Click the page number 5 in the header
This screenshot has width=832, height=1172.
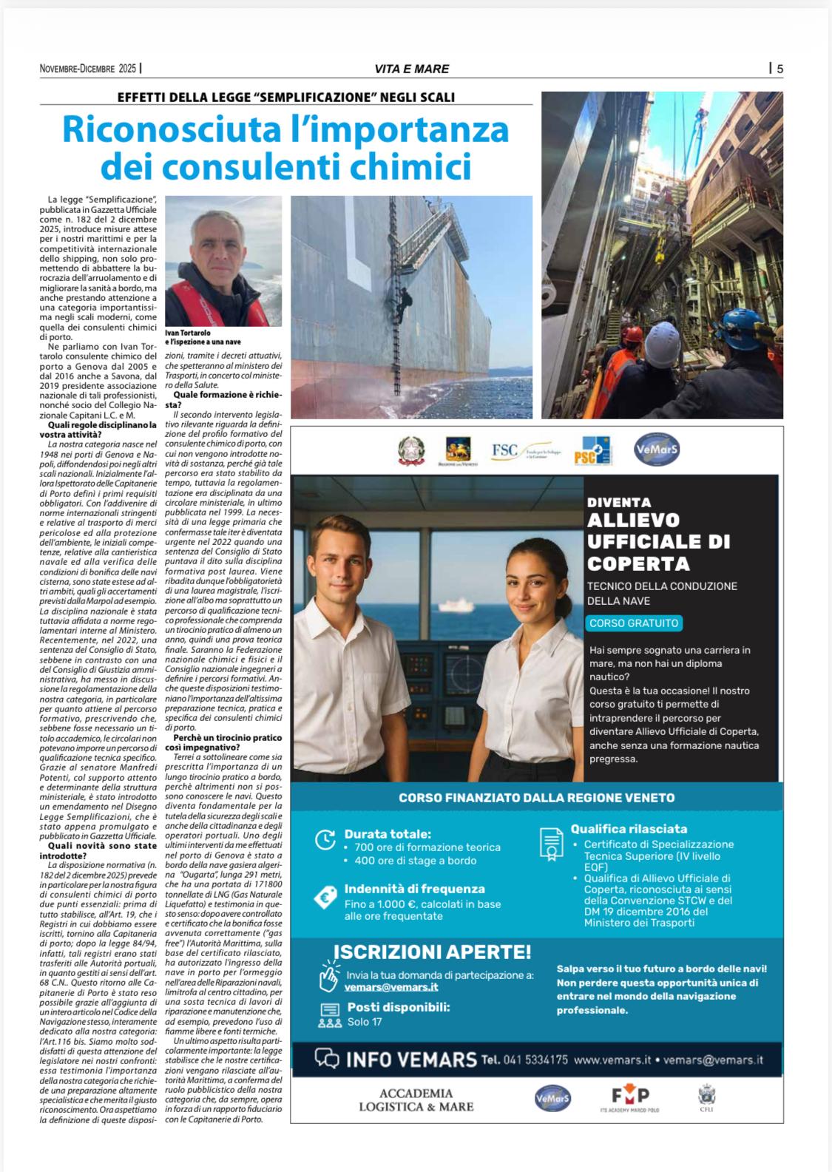point(780,69)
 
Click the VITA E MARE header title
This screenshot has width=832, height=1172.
point(411,69)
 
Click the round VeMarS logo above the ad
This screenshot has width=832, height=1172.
point(657,449)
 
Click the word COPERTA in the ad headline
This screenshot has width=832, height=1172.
point(637,563)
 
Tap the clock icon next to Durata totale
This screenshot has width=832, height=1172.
point(325,839)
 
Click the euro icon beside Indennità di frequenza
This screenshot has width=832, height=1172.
point(325,898)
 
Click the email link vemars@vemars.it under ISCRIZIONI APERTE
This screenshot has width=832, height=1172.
point(392,987)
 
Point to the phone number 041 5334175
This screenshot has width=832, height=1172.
point(535,1060)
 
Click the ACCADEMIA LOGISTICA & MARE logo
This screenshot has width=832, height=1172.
point(416,1100)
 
